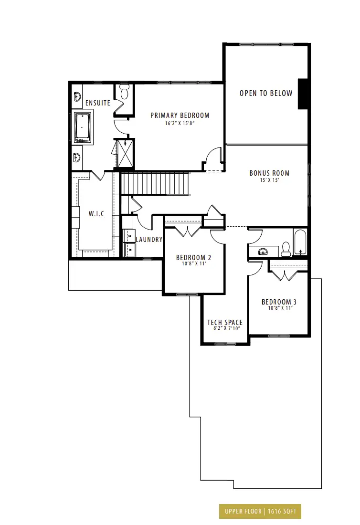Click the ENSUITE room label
point(98,103)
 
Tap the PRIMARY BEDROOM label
point(180,115)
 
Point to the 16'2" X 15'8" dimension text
point(180,123)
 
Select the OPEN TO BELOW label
point(266,93)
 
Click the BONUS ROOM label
point(269,173)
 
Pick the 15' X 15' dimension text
point(269,180)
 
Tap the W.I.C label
point(96,214)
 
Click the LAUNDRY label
point(149,240)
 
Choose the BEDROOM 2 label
point(193,257)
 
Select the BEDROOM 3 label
point(279,302)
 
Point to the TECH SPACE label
point(225,323)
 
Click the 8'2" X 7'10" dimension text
point(227,328)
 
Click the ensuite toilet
point(124,92)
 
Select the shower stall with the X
point(124,153)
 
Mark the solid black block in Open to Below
point(303,94)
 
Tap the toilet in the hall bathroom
point(286,250)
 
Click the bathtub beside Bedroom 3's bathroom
point(300,242)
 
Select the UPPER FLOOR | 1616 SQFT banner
point(260,511)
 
